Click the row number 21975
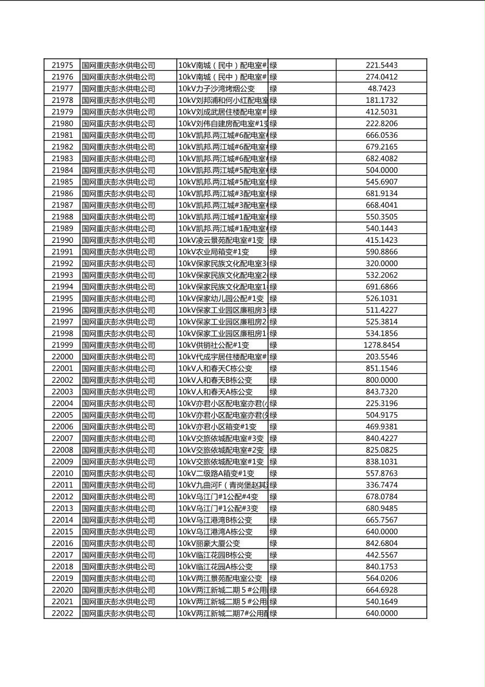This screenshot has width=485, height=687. (x=62, y=65)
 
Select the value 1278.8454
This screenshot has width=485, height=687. (x=381, y=345)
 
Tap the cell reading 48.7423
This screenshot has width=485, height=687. (x=381, y=89)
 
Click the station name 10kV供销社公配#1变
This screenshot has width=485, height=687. (x=214, y=345)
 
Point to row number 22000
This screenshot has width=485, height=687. (x=62, y=357)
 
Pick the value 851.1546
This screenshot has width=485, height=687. (x=381, y=369)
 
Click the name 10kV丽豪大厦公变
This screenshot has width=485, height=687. (x=209, y=543)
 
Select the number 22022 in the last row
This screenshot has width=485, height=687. (x=62, y=614)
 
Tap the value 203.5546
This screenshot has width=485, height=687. (x=381, y=357)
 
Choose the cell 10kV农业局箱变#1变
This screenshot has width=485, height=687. (x=214, y=252)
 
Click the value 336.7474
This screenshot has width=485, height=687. (x=381, y=485)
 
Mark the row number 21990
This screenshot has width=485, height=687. (x=62, y=240)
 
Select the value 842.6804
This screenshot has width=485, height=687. (x=381, y=543)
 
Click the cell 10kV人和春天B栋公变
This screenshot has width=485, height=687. (x=215, y=381)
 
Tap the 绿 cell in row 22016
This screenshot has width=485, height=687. (x=273, y=543)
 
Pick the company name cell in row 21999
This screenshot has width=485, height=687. (x=119, y=345)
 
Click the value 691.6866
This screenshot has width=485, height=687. (x=381, y=287)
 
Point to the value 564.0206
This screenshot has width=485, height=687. (x=381, y=579)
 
